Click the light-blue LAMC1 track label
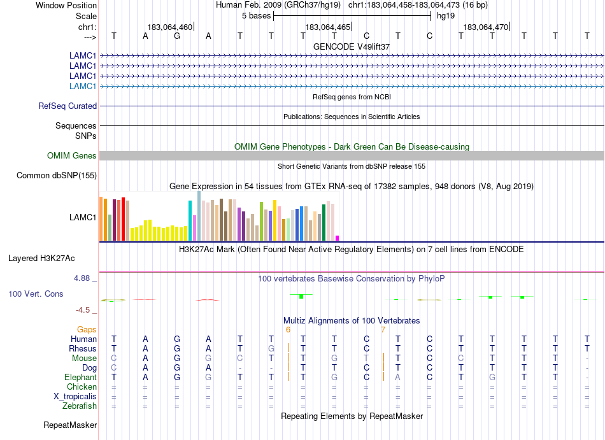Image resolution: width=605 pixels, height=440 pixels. pyautogui.click(x=83, y=86)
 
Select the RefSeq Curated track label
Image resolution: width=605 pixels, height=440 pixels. pyautogui.click(x=68, y=106)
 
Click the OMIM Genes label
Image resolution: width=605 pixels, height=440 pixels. pyautogui.click(x=72, y=155)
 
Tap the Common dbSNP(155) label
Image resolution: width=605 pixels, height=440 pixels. pyautogui.click(x=57, y=175)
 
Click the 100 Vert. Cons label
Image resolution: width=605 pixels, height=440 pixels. pyautogui.click(x=36, y=294)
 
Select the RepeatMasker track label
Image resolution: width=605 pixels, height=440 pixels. pyautogui.click(x=70, y=425)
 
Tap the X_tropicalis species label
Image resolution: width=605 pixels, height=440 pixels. pyautogui.click(x=75, y=396)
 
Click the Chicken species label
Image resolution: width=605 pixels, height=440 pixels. pyautogui.click(x=82, y=387)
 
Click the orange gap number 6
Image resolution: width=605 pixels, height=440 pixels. pyautogui.click(x=288, y=329)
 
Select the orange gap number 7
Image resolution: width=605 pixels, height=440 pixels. pyautogui.click(x=383, y=329)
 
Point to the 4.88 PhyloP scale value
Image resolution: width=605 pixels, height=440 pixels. pyautogui.click(x=85, y=278)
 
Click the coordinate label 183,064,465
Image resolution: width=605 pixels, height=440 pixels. pyautogui.click(x=328, y=27)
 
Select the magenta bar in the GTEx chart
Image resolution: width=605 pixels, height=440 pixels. pyautogui.click(x=338, y=238)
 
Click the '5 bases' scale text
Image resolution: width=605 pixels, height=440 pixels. pyautogui.click(x=256, y=16)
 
